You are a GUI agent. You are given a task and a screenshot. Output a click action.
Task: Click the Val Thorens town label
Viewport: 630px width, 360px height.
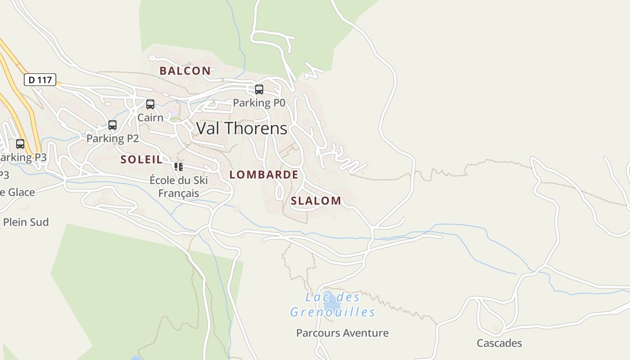coord(242,129)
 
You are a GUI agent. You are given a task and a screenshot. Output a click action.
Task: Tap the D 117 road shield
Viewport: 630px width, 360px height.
coord(40,80)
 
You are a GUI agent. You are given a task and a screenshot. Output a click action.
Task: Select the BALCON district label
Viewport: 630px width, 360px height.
coord(185,71)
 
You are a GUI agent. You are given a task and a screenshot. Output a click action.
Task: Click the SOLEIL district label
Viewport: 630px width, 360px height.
coord(141,159)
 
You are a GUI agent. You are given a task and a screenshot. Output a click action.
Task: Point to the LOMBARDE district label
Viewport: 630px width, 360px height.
coord(264,175)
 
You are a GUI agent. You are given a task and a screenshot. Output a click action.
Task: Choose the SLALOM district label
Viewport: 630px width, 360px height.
coord(316,201)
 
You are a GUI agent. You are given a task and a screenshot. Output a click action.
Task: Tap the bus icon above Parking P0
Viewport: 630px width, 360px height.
coord(259,90)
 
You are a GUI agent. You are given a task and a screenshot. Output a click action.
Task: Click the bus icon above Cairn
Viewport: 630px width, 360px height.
coord(150,104)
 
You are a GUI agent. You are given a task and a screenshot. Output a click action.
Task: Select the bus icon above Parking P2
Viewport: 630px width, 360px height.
coord(112,125)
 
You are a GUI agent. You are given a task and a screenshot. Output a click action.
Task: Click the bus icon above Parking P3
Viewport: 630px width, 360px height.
coord(20,144)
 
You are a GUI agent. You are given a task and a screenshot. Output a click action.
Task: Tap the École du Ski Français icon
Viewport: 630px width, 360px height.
coord(179,167)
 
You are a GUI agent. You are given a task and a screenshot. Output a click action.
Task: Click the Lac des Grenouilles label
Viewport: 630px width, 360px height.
coord(333,305)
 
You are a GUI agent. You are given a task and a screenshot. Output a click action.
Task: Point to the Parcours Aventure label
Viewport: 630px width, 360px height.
coord(342,333)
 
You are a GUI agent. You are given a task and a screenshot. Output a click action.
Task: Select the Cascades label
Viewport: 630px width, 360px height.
coord(499,343)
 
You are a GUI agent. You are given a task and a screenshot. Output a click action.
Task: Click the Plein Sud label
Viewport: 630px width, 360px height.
coord(26,222)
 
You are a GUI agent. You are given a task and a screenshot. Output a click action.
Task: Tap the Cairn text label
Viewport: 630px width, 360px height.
coord(150,118)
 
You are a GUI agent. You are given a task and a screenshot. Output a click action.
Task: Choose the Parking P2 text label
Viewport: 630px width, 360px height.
coord(112,139)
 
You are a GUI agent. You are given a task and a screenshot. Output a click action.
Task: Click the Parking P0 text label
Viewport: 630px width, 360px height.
coord(259,103)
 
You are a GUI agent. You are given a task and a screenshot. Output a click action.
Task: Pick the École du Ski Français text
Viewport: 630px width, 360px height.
coord(179,187)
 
